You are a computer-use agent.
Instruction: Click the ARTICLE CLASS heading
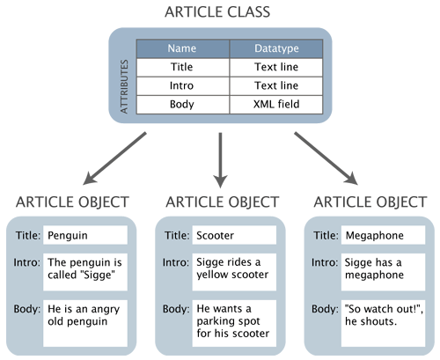(x=219, y=13)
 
